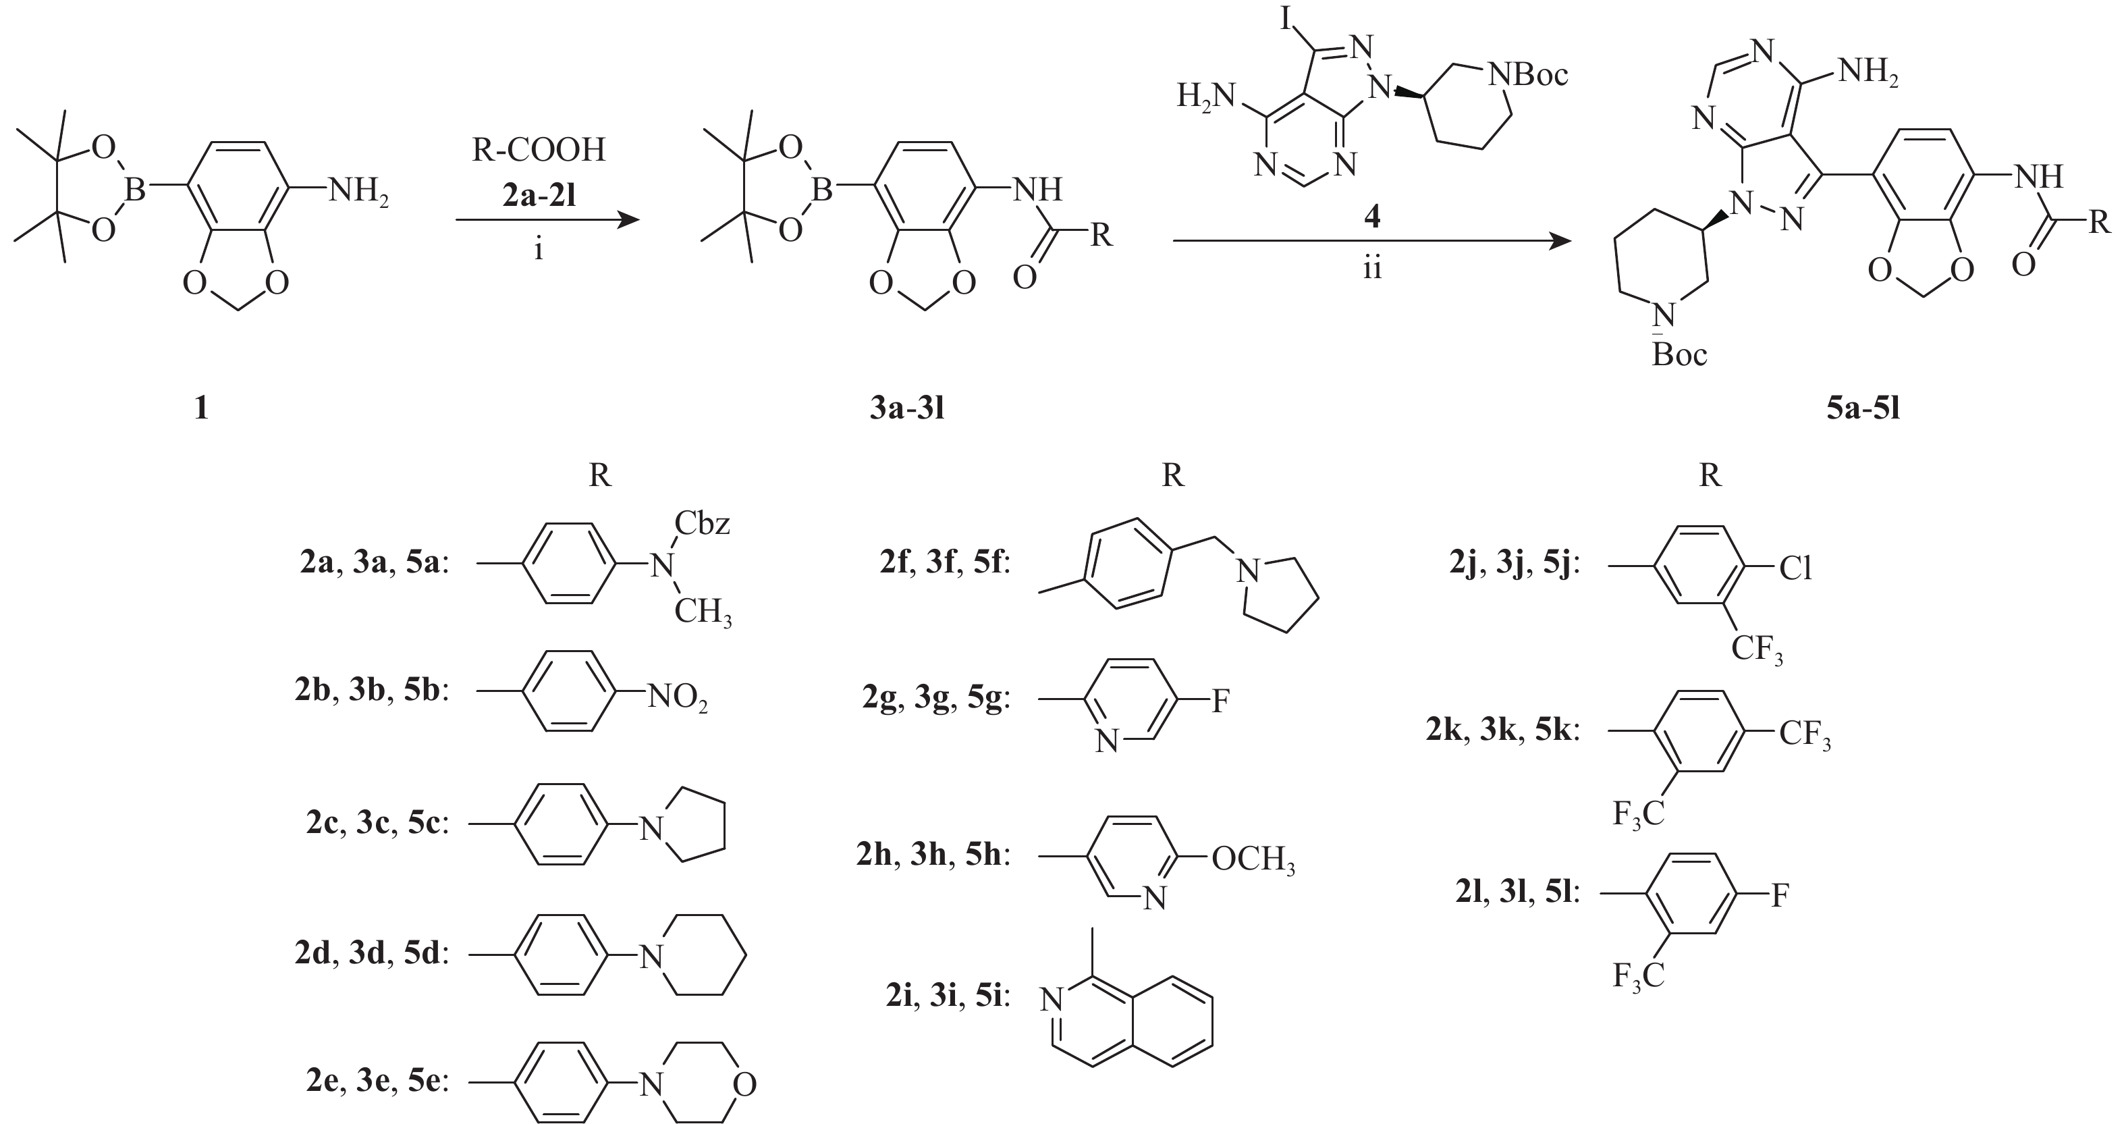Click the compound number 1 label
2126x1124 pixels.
pos(200,407)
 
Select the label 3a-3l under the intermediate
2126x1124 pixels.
pos(906,408)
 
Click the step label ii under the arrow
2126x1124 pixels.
pos(1371,268)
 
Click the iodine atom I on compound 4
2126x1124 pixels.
pos(1286,18)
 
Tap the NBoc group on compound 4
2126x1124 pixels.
pos(1527,76)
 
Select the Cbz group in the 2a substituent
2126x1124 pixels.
pos(703,524)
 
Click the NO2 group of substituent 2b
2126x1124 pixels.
pos(677,699)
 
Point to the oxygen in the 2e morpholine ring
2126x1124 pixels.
pos(744,1083)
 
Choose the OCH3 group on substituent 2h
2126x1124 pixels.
pos(1253,860)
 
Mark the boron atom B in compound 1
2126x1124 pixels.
pos(134,190)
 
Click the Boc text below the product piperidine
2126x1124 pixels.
pos(1679,356)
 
